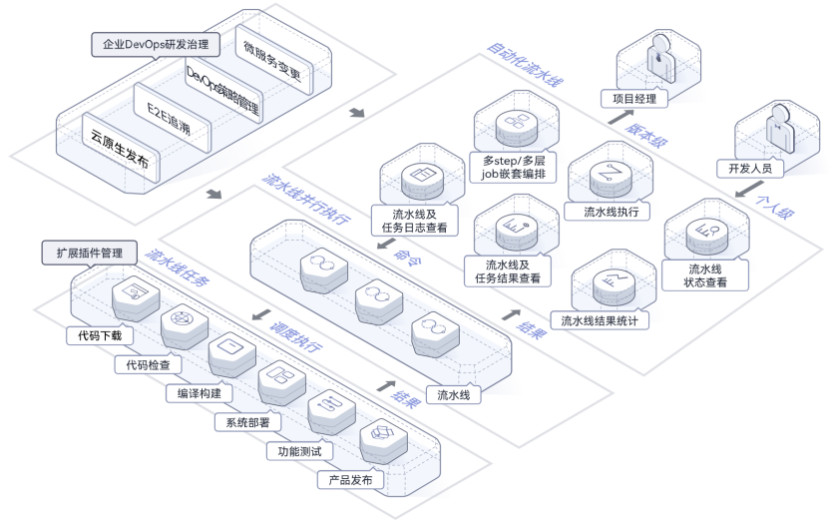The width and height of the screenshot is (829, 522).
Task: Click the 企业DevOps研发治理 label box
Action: [151, 45]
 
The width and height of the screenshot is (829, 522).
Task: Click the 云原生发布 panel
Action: [117, 146]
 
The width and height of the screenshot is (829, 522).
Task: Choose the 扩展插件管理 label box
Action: [89, 254]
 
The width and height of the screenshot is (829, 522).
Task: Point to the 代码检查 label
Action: [148, 365]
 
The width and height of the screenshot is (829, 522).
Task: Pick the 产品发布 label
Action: [350, 480]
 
